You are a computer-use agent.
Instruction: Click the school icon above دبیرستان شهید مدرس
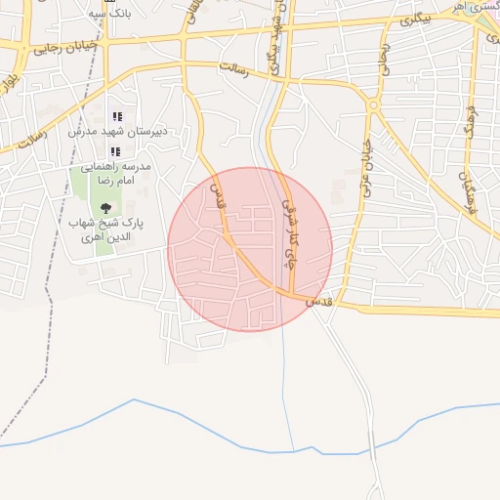(117, 116)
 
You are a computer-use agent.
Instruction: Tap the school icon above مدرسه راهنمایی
(115, 151)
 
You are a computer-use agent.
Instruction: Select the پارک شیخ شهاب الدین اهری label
(105, 230)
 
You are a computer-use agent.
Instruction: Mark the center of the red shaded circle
(250, 249)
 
